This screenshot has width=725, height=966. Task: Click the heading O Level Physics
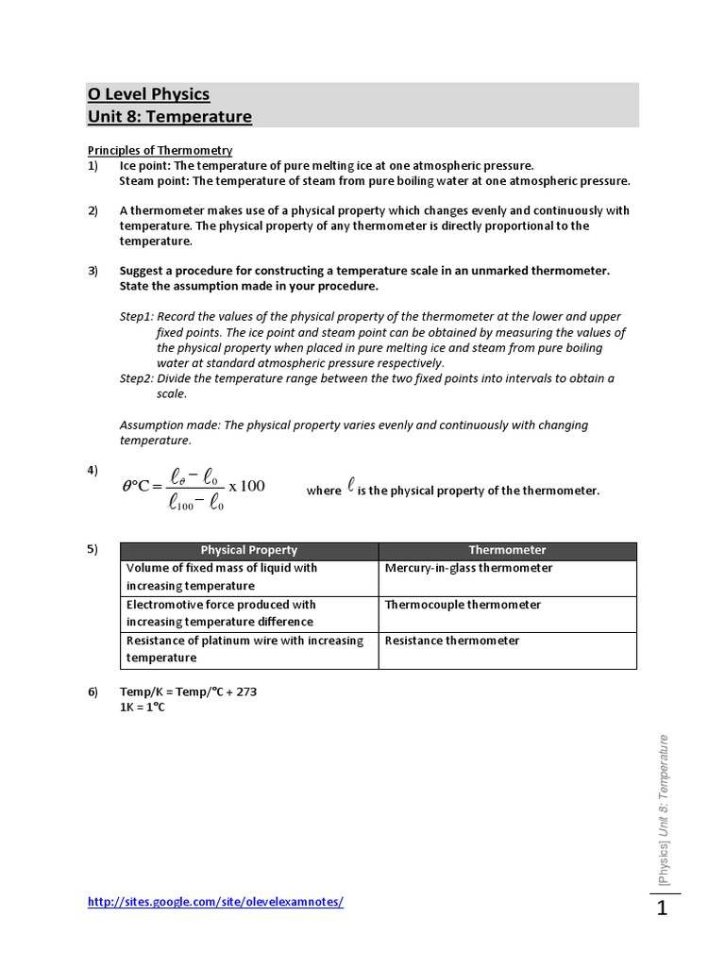click(x=148, y=94)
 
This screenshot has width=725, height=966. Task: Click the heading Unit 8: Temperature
click(x=170, y=117)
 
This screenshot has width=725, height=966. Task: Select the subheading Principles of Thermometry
click(x=160, y=150)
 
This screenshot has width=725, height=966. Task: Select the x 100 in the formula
click(x=246, y=486)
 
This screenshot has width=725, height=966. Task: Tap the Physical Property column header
click(x=248, y=550)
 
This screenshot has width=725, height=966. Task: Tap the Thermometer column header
click(x=507, y=550)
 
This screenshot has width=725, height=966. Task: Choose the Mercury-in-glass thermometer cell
click(x=468, y=568)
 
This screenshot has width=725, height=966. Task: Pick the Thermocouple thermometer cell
click(x=463, y=605)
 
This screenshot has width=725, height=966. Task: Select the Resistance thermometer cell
click(x=452, y=641)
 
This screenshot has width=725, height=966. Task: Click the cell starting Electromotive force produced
click(x=221, y=613)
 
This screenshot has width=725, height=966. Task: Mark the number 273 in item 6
click(x=246, y=691)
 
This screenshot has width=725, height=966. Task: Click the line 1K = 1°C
click(x=142, y=708)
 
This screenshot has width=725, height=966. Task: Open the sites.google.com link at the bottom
click(x=215, y=902)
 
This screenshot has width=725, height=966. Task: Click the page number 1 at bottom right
click(x=662, y=909)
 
